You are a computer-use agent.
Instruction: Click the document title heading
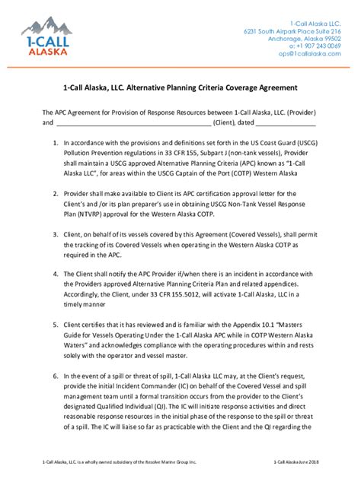click(x=180, y=88)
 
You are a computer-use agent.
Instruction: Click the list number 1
click(x=55, y=142)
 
